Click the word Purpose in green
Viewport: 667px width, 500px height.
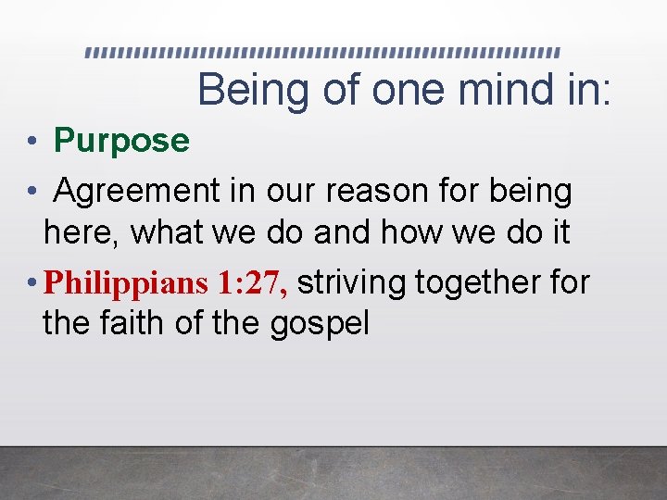121,141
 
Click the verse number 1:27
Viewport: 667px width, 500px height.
253,283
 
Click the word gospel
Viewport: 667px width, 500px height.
320,323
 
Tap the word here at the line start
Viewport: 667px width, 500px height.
80,232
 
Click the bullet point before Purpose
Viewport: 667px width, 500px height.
31,142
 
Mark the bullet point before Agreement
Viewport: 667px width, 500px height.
31,193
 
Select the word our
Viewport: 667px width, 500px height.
291,192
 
